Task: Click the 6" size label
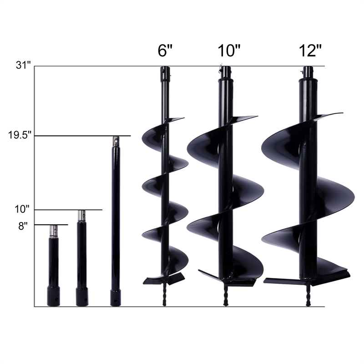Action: (x=166, y=50)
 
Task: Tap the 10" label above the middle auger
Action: (x=229, y=50)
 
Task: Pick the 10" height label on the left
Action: (x=22, y=209)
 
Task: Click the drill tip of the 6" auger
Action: (x=165, y=298)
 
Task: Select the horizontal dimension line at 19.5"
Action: (x=82, y=136)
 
